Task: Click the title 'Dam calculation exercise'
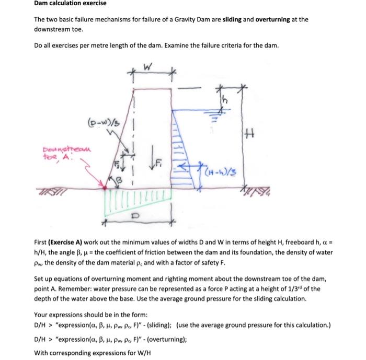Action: pyautogui.click(x=70, y=4)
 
